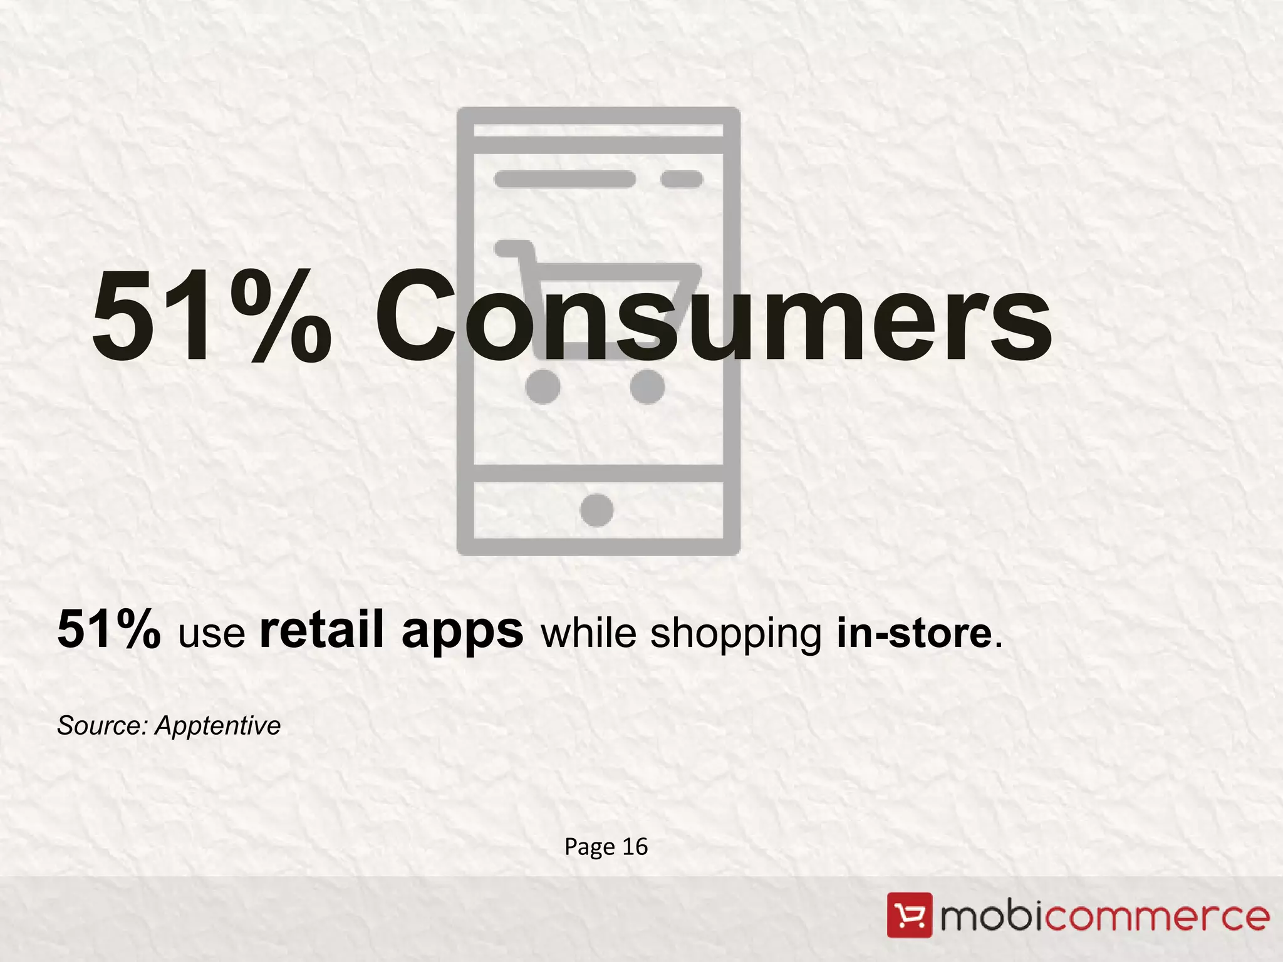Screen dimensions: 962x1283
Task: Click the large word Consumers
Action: pos(713,316)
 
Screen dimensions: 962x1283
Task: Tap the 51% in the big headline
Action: pos(211,316)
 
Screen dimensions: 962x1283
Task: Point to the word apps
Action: pos(462,633)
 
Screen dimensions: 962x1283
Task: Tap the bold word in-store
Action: pos(915,633)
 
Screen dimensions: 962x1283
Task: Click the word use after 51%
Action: pos(211,634)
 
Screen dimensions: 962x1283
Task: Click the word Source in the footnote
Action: pos(101,725)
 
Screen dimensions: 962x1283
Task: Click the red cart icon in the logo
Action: pos(909,916)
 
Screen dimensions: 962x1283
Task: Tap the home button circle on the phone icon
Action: pos(596,510)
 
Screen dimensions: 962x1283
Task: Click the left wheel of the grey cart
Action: pos(543,386)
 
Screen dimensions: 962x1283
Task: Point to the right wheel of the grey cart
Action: pos(647,386)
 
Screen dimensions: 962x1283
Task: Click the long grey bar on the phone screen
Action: pos(564,179)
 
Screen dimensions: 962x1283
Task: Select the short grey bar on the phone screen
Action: pos(682,179)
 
